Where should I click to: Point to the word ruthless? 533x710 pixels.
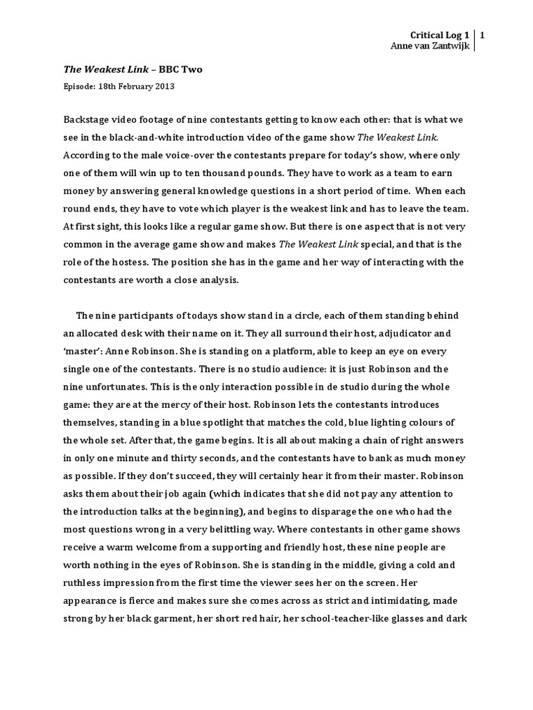tap(83, 565)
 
